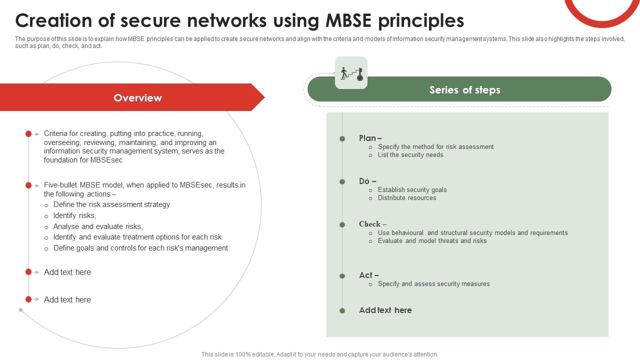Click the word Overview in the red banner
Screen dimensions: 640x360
pos(137,98)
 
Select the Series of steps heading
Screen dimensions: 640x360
pos(464,90)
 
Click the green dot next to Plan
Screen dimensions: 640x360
pos(342,139)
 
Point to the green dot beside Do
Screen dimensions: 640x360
pos(342,181)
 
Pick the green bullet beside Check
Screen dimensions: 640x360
pos(342,225)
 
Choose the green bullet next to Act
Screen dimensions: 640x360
pos(342,276)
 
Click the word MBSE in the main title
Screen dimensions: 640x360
pos(348,21)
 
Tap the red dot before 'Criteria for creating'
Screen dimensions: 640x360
pos(28,133)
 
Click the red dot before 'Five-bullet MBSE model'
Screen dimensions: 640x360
pos(28,185)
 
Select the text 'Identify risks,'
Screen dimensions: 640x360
pos(74,215)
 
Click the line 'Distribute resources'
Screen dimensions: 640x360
pos(407,197)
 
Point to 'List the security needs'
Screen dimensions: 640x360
pos(410,155)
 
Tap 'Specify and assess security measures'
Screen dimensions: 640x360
pos(433,283)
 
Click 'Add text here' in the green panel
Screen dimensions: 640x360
pos(385,310)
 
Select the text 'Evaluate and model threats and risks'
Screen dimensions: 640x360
pos(432,241)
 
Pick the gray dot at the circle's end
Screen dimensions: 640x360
pos(21,310)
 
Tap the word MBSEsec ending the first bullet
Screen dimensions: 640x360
pos(106,160)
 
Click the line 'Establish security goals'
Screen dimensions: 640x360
pos(412,189)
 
